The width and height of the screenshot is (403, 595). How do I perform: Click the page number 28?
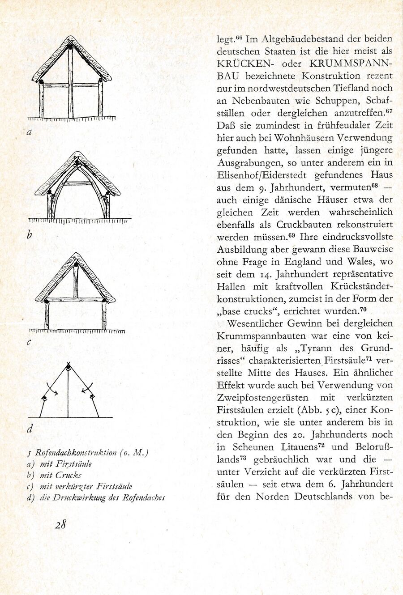coord(61,524)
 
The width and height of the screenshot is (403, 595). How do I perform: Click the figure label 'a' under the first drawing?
coord(29,132)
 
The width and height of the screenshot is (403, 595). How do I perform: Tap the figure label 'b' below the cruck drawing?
coord(30,234)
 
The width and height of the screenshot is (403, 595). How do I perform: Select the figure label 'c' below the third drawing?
coord(29,343)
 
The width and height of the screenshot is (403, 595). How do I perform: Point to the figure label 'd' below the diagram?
coord(30,429)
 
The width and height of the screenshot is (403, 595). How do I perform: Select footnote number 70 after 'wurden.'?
coord(363,309)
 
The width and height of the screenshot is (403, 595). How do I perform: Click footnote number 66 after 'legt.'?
coord(239,37)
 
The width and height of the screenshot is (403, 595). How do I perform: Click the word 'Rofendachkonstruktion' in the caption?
coord(76,452)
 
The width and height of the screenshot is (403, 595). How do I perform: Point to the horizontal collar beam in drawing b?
coord(78,183)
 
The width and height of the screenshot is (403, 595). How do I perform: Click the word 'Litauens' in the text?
coord(300,447)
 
